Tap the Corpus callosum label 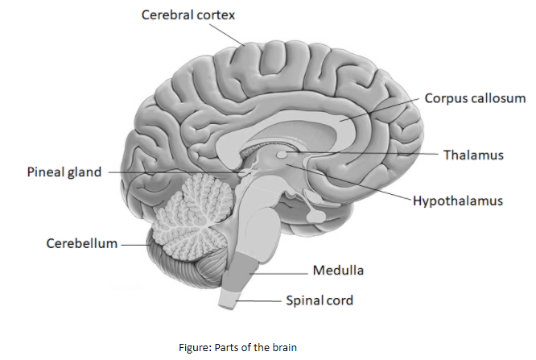click(476, 98)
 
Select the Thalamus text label click(473, 154)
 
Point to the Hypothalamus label click(457, 200)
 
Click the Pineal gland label click(64, 172)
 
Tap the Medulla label click(338, 270)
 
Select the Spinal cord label click(320, 300)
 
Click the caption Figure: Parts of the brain click(237, 347)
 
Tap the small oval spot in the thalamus click(281, 153)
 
